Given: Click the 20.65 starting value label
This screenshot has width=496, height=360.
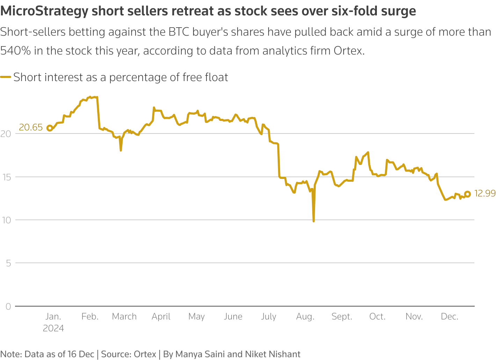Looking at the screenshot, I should (31, 128).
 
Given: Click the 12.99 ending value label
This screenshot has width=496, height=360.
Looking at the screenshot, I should (485, 193).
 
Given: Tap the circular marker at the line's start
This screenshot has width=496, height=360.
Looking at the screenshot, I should (50, 128).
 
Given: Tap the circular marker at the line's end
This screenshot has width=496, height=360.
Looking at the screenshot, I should (467, 194).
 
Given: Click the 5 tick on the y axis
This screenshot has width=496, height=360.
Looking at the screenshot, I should (8, 263).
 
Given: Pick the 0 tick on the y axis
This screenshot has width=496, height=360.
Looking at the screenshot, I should (8, 306).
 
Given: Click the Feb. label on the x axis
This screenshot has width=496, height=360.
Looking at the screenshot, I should (90, 317).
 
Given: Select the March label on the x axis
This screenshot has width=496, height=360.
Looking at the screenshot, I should (124, 317).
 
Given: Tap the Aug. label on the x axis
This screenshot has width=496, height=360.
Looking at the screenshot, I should (305, 317).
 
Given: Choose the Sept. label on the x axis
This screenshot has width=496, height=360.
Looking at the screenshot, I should (342, 317).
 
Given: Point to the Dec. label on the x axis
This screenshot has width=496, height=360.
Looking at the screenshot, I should (450, 317).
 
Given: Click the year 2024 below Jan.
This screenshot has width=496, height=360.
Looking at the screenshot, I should (53, 328).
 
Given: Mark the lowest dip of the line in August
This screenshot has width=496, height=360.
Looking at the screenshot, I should (314, 221).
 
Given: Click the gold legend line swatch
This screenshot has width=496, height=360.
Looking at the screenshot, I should (6, 77).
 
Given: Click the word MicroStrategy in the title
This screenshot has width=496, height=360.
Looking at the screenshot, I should (44, 12).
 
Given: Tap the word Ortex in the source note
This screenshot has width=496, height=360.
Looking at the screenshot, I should (145, 354).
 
